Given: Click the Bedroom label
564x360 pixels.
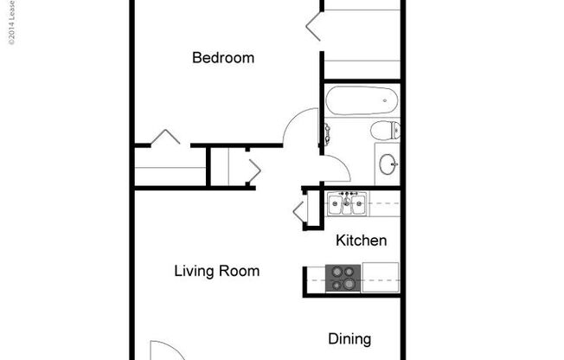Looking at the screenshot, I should pos(223,58).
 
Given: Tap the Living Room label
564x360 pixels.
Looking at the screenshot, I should pos(216,271).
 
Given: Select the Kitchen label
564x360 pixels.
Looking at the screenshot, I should pos(361,241).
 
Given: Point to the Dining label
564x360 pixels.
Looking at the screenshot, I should pos(349,338).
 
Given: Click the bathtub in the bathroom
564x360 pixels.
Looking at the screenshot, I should pos(361,100).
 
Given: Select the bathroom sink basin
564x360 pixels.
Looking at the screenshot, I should pos(388,161).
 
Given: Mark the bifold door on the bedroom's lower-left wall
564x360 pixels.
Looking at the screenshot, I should pos(164,137).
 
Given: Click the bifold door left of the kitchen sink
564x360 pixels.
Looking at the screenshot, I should pos(299,209).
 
